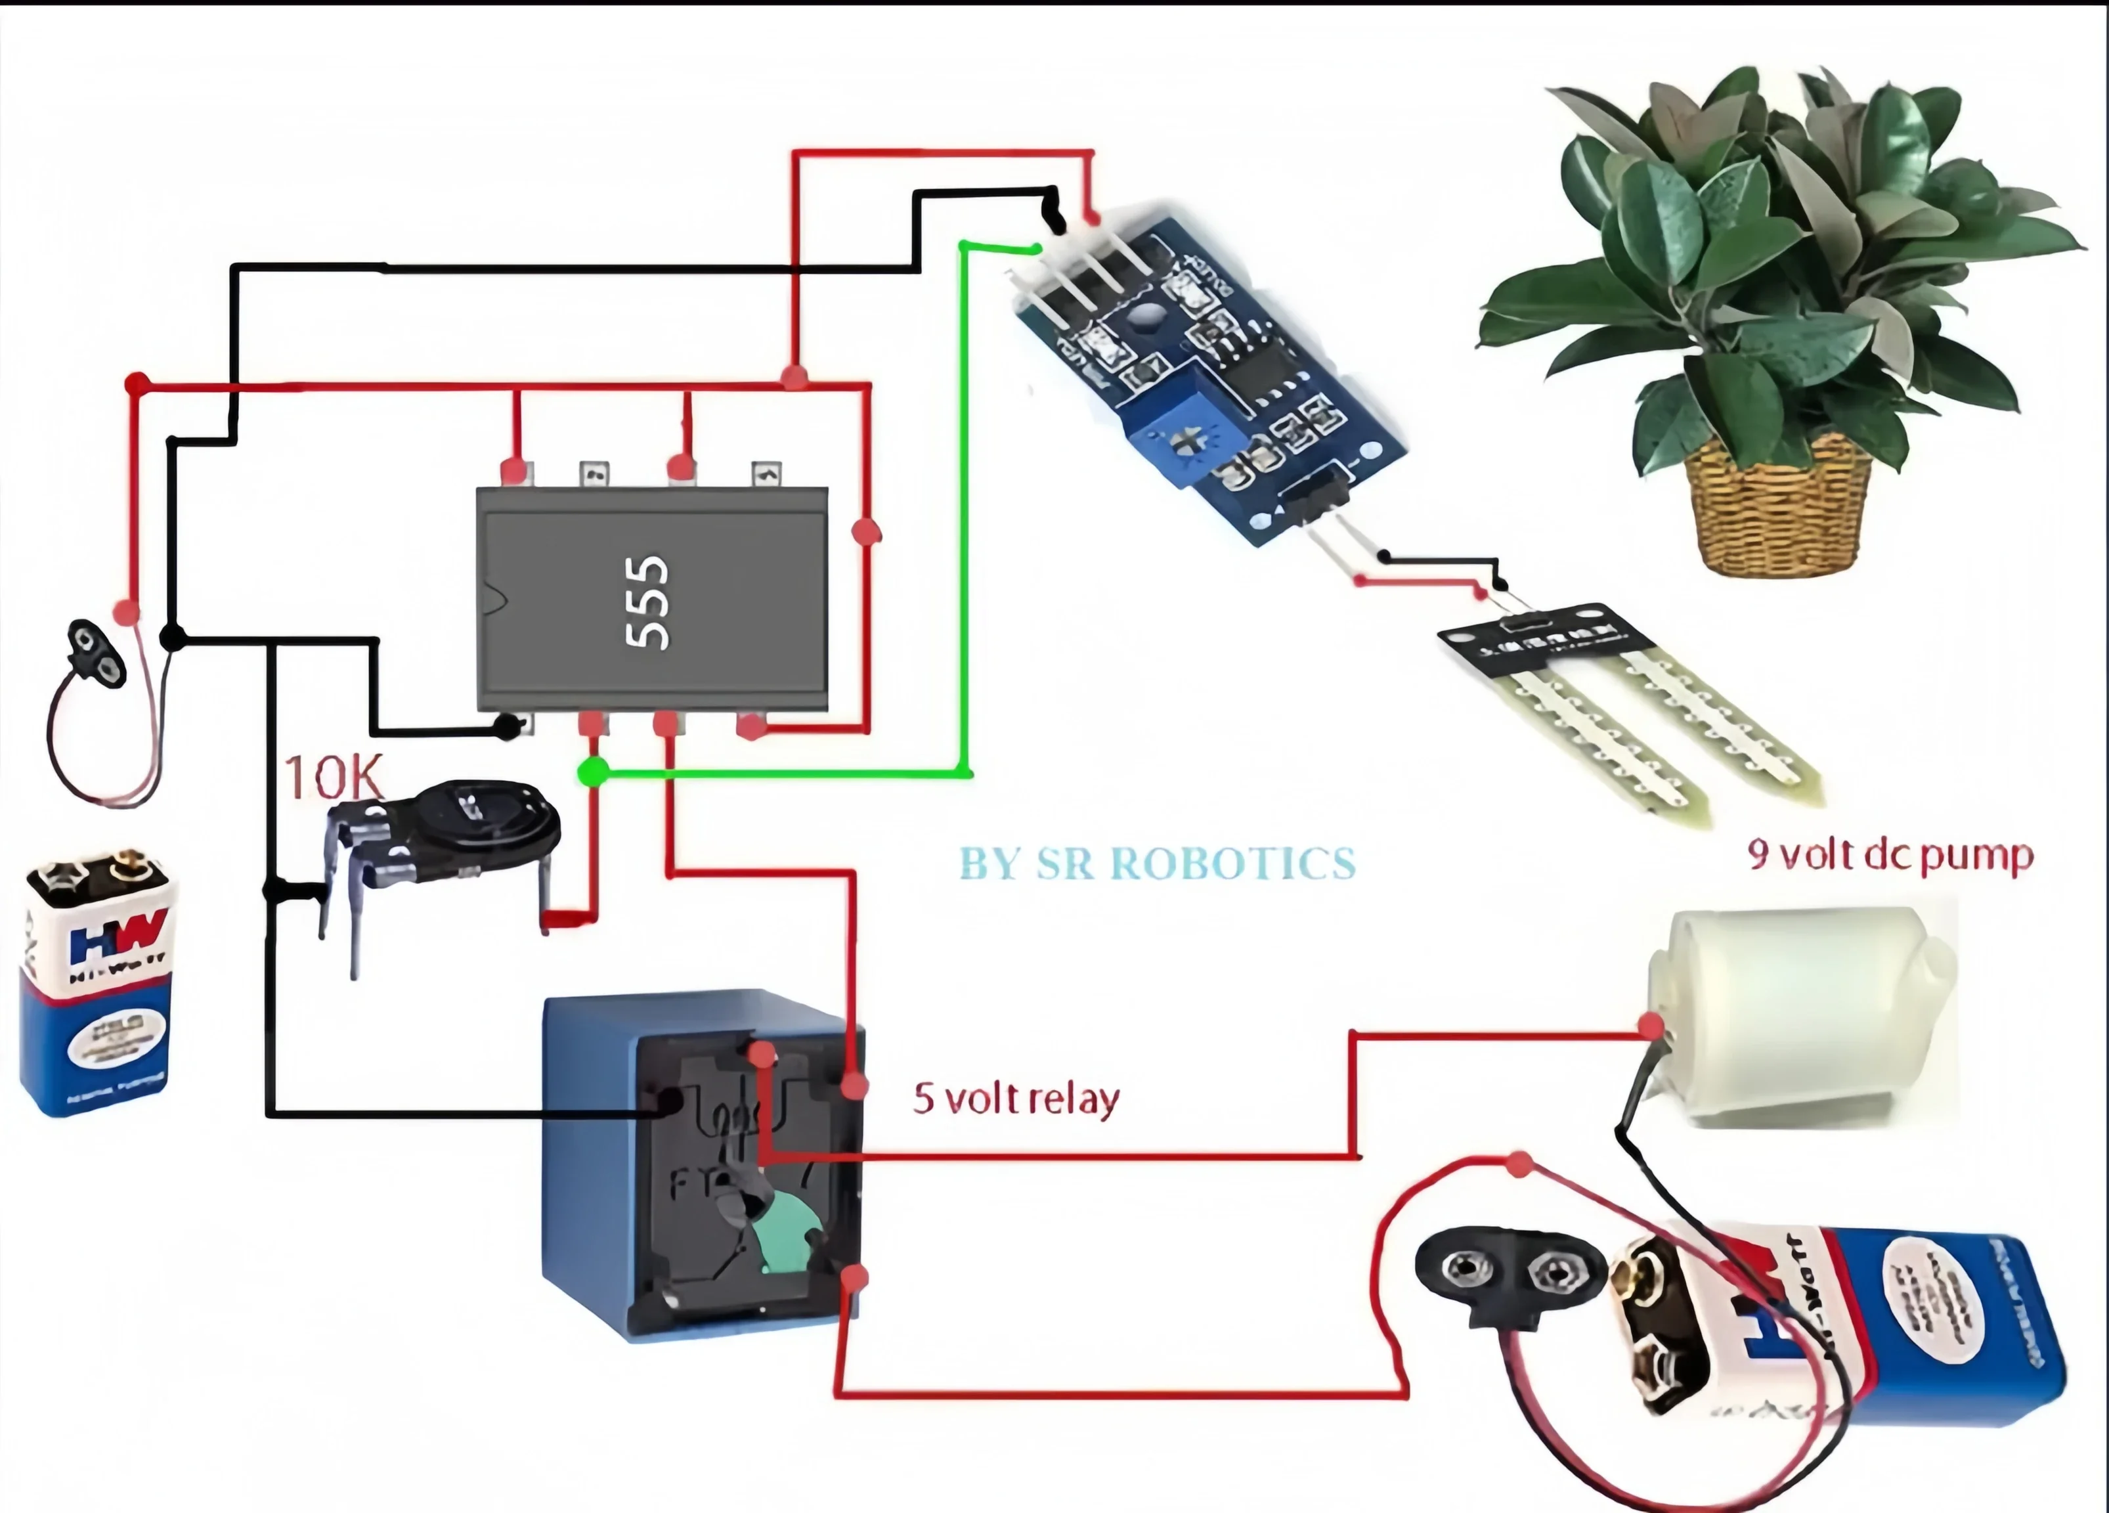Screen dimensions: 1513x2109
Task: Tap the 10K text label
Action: click(x=333, y=778)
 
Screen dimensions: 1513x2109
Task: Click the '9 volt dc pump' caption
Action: click(x=1890, y=854)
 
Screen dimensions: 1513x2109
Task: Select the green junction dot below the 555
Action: click(x=592, y=771)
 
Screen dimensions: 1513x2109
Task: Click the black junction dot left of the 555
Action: click(x=172, y=638)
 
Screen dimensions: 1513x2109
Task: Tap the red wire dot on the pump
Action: click(x=1651, y=1026)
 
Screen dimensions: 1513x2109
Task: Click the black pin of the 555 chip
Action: click(x=508, y=726)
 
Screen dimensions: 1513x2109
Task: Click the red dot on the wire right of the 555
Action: click(x=866, y=532)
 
